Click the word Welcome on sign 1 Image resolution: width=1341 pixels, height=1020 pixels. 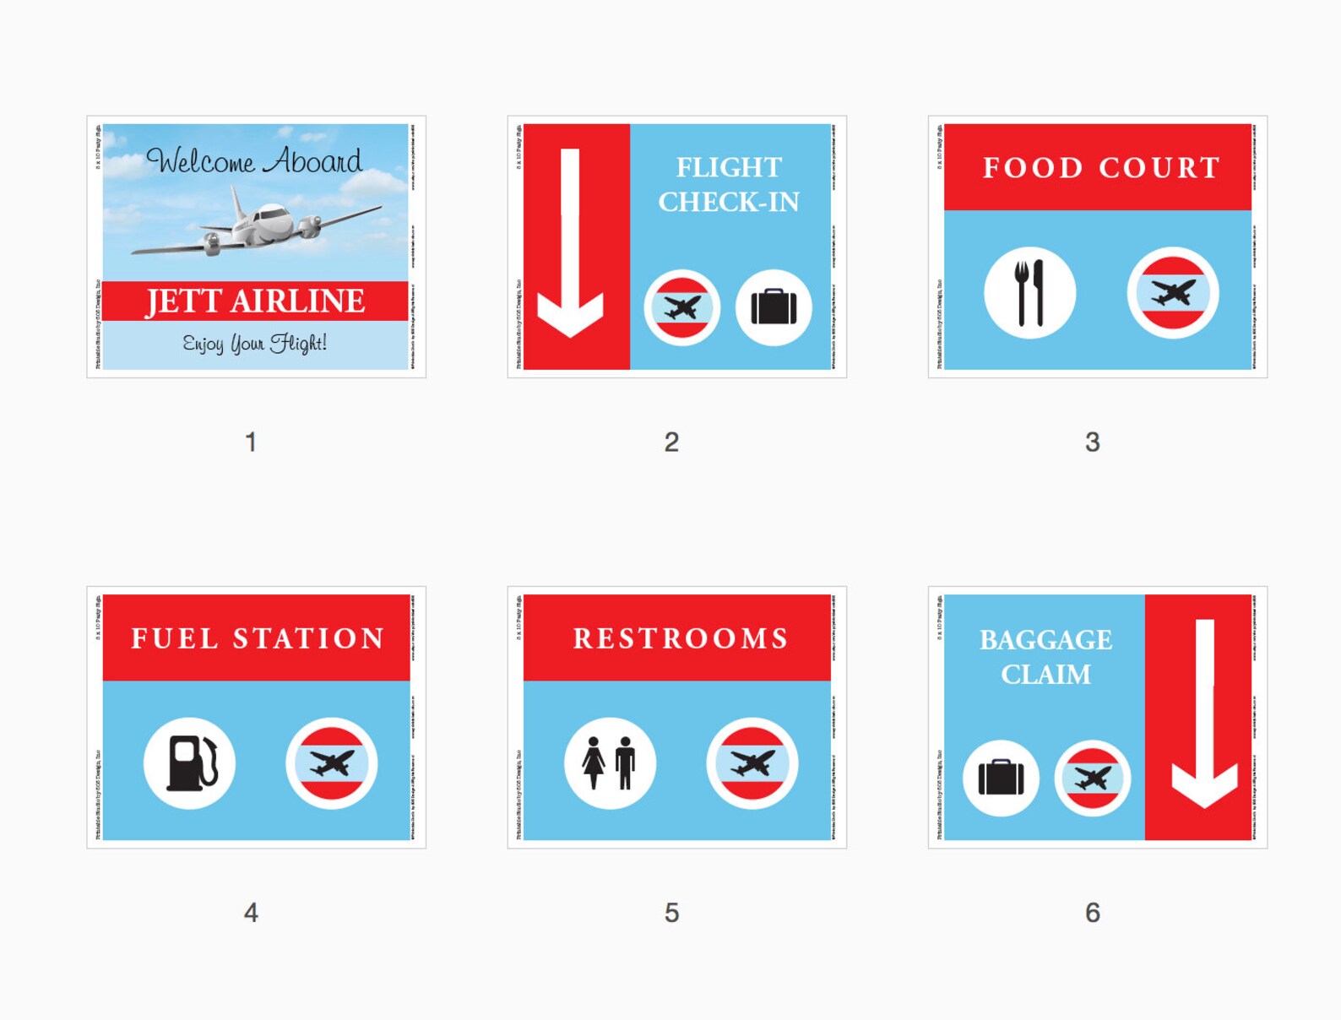pyautogui.click(x=201, y=160)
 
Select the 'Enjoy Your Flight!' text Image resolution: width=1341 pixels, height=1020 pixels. pyautogui.click(x=255, y=343)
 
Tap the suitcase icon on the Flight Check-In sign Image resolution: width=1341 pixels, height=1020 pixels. pyautogui.click(x=774, y=307)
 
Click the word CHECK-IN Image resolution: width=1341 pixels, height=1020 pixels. pyautogui.click(x=728, y=203)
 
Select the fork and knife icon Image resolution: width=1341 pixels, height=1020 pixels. pyautogui.click(x=1029, y=294)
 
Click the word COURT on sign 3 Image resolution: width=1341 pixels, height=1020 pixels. pyautogui.click(x=1160, y=168)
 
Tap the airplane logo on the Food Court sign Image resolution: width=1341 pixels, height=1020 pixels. pyautogui.click(x=1172, y=294)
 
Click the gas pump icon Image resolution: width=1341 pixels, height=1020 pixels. pyautogui.click(x=190, y=763)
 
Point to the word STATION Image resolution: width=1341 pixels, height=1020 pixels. pyautogui.click(x=309, y=638)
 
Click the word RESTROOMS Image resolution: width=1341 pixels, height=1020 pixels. pyautogui.click(x=681, y=638)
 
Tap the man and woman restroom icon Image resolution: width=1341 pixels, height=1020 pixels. pyautogui.click(x=610, y=763)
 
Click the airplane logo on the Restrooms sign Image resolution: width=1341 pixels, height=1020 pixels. pyautogui.click(x=752, y=763)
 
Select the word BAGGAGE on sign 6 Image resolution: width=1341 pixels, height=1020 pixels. pyautogui.click(x=1045, y=640)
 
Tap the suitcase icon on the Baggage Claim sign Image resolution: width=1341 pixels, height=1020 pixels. pyautogui.click(x=1001, y=778)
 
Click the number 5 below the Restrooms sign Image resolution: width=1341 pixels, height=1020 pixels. pyautogui.click(x=671, y=913)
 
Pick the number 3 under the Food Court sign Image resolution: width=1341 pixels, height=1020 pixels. pyautogui.click(x=1092, y=442)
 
